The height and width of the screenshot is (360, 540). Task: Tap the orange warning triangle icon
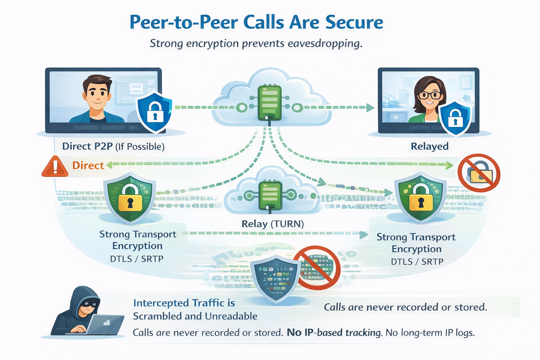point(54,166)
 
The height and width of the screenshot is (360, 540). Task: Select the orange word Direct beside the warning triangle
point(88,165)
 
